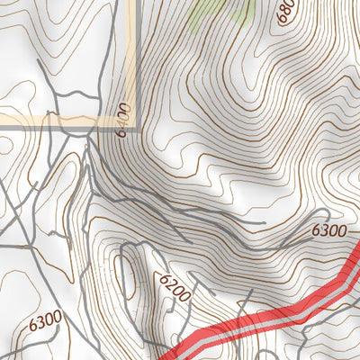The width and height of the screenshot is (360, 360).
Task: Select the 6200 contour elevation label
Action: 175,286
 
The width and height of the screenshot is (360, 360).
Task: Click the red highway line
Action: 270,315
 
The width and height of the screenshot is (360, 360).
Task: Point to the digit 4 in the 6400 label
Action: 124,122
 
